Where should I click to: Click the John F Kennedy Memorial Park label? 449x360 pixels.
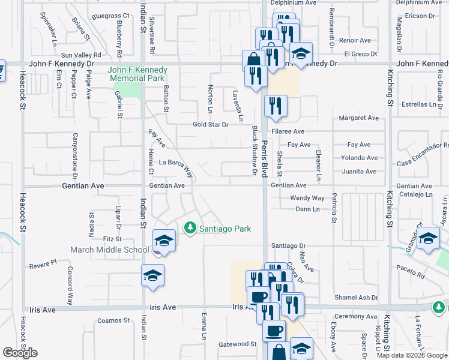136,74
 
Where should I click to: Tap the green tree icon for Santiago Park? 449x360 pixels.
190,228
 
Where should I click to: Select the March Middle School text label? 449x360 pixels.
110,250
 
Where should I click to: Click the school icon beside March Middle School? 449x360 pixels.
163,241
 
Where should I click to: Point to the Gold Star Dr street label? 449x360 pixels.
211,125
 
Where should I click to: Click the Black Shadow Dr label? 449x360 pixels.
255,151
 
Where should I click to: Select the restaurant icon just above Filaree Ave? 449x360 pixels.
276,107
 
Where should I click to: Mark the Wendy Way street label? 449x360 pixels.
307,197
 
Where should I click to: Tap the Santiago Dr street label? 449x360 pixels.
289,245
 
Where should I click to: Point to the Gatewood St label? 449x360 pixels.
238,344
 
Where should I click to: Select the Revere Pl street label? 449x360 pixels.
43,263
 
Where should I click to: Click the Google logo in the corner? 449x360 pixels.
20,352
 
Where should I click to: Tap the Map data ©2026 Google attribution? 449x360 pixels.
412,355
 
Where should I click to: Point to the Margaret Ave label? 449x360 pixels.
359,118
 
